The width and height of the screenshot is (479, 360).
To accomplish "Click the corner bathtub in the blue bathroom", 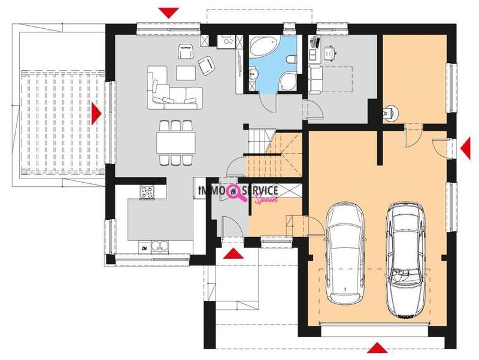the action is (x=263, y=46).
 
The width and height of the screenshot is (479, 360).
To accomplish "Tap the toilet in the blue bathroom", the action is (x=292, y=59).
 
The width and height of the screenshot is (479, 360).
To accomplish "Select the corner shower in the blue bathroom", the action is (x=288, y=82).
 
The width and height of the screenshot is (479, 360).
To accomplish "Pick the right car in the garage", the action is (x=405, y=260).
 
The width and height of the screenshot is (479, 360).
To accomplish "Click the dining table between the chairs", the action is (x=176, y=143).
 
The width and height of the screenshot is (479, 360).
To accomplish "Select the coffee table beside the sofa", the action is (x=186, y=72).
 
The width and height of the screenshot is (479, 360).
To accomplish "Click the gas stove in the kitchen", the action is (x=147, y=193).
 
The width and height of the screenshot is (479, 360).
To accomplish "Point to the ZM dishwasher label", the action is (x=144, y=249).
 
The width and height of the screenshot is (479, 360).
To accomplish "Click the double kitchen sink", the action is (x=160, y=247).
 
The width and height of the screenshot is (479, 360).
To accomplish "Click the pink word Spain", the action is (x=266, y=199).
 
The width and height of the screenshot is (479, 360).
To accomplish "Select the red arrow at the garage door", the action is (x=377, y=348).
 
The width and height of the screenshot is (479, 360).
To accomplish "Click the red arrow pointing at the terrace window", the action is (x=96, y=113).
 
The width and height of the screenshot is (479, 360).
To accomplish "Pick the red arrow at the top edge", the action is (x=169, y=13).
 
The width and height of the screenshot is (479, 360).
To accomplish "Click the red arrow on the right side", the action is (x=466, y=148).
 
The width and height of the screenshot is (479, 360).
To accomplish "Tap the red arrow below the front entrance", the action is (x=233, y=253).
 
